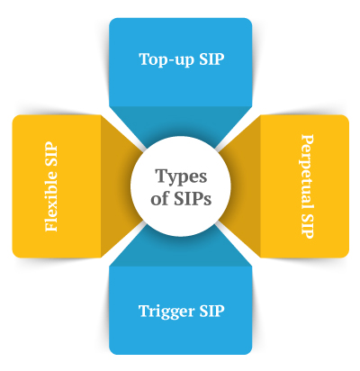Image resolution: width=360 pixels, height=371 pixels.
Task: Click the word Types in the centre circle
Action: click(x=181, y=177)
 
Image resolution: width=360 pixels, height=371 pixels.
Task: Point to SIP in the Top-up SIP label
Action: click(x=211, y=59)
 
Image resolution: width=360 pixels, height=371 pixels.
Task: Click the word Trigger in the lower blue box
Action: click(x=166, y=312)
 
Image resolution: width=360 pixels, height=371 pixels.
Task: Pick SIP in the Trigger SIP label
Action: click(x=211, y=311)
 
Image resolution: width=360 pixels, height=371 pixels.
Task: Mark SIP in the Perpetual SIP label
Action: click(x=307, y=227)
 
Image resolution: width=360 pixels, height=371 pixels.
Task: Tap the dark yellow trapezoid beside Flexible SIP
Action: click(x=120, y=186)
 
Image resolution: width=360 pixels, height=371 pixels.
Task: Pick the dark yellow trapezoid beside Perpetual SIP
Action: click(x=241, y=186)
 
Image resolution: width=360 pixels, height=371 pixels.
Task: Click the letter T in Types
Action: click(x=161, y=176)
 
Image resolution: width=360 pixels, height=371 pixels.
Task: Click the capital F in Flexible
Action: click(x=50, y=226)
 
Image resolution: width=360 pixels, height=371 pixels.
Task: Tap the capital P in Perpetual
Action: click(x=307, y=140)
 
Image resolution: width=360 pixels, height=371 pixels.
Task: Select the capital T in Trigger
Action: click(x=145, y=311)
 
